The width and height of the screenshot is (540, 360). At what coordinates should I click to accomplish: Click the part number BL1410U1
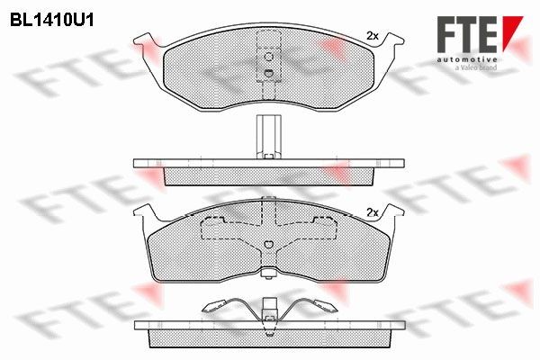[x=51, y=21]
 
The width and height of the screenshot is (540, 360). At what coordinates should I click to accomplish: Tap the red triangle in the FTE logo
[x=511, y=31]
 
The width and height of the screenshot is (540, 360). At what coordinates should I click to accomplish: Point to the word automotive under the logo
[x=467, y=60]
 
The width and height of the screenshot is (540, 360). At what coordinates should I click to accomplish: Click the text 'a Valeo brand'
[x=476, y=67]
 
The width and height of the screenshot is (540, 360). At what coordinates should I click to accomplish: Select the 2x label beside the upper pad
[x=372, y=35]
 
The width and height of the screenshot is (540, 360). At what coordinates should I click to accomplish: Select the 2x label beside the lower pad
[x=372, y=212]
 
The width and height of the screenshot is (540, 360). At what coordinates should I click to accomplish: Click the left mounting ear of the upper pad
[x=147, y=41]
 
